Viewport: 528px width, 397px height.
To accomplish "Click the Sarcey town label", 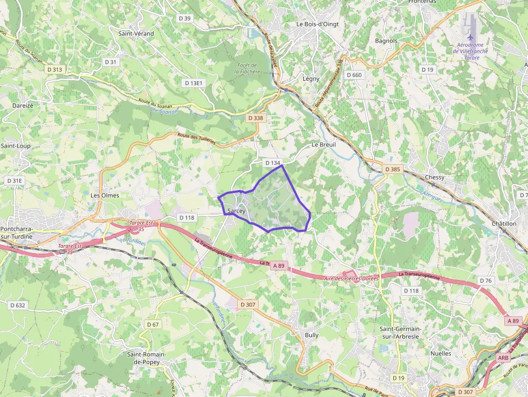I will [236, 211].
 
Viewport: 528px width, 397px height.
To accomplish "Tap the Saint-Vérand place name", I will [136, 33].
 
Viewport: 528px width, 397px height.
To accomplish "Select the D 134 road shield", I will [273, 163].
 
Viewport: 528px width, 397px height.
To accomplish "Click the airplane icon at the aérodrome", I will [470, 36].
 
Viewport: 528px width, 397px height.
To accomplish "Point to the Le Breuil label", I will [324, 145].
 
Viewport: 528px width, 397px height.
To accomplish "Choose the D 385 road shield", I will [393, 169].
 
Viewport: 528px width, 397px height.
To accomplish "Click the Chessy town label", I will [435, 177].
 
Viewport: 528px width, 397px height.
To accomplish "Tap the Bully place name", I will [311, 335].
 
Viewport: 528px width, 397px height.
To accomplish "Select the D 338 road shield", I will [256, 118].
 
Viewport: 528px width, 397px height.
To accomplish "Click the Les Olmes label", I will [105, 195].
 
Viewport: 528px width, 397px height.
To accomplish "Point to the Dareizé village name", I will [23, 106].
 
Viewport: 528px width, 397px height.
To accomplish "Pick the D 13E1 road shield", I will [193, 83].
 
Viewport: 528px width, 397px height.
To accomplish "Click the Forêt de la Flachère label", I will [247, 68].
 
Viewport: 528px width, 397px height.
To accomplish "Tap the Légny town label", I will [311, 79].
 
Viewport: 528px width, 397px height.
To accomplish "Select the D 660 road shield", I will [355, 75].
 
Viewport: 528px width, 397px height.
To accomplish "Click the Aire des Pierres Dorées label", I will [352, 278].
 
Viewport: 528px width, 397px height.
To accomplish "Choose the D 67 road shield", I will [153, 324].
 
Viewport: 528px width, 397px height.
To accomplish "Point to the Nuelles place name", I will [441, 353].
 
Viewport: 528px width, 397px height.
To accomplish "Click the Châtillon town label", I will [504, 224].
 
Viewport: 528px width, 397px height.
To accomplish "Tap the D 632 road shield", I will [18, 305].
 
